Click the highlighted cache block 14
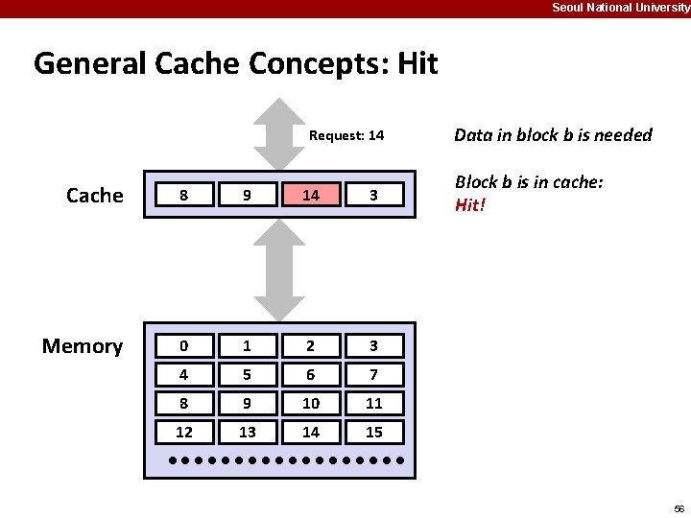(x=311, y=196)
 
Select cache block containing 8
(x=184, y=196)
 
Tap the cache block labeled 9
(x=248, y=196)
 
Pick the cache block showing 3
(x=374, y=196)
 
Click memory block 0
(x=184, y=345)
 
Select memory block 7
(x=374, y=374)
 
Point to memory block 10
(x=311, y=403)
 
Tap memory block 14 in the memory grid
(x=311, y=432)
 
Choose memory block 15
(x=374, y=432)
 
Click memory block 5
(x=248, y=374)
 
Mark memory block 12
(x=184, y=432)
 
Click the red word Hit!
(x=470, y=205)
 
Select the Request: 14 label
(x=346, y=135)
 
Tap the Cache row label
(x=95, y=196)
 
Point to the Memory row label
(x=83, y=345)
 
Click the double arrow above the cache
(x=278, y=133)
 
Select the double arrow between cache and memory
(x=278, y=270)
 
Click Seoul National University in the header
(x=620, y=8)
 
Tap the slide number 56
(x=679, y=507)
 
